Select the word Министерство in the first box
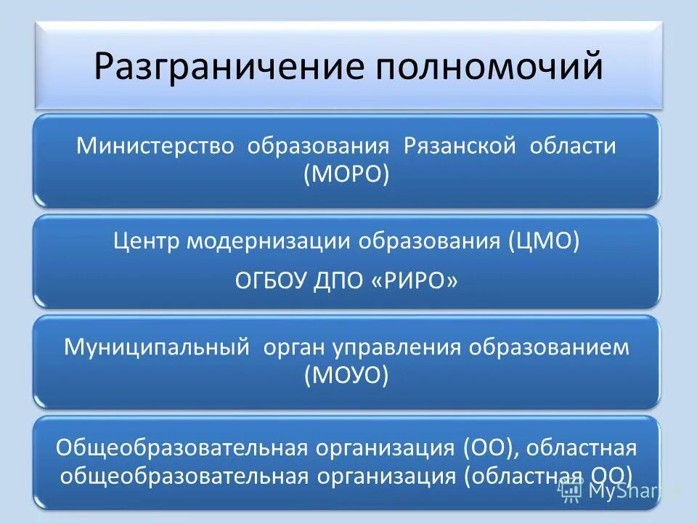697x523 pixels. (x=156, y=146)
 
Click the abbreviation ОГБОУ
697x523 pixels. (x=270, y=280)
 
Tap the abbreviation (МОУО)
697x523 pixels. (x=346, y=376)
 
